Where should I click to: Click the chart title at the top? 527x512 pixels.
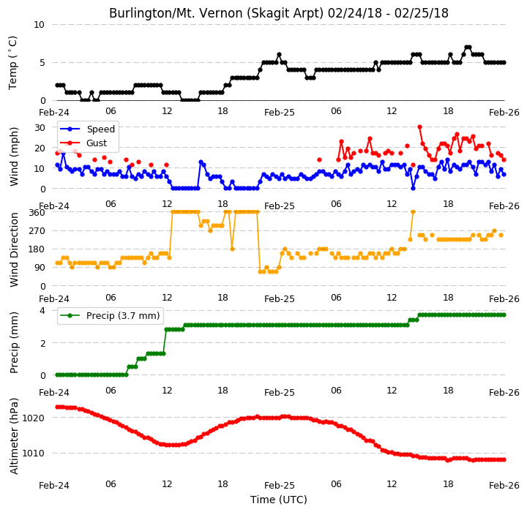pyautogui.click(x=279, y=13)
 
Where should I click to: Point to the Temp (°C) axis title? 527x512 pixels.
pyautogui.click(x=12, y=63)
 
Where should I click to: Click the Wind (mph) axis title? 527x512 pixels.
pyautogui.click(x=14, y=157)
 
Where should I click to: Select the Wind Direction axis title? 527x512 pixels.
pyautogui.click(x=14, y=249)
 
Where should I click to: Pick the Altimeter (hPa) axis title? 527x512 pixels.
pyautogui.click(x=14, y=436)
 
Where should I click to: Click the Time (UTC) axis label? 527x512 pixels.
pyautogui.click(x=279, y=500)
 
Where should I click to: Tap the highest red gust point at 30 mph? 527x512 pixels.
pyautogui.click(x=420, y=127)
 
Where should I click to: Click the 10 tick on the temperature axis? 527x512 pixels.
pyautogui.click(x=39, y=25)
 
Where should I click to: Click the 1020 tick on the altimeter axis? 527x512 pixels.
pyautogui.click(x=33, y=418)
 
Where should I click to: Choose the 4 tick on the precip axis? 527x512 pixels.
pyautogui.click(x=42, y=310)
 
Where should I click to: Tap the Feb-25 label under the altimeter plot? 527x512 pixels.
pyautogui.click(x=280, y=486)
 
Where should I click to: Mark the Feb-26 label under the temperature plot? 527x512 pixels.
pyautogui.click(x=504, y=113)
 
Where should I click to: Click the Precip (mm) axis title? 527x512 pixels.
pyautogui.click(x=14, y=343)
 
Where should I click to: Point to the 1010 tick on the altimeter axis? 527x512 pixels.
pyautogui.click(x=33, y=453)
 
